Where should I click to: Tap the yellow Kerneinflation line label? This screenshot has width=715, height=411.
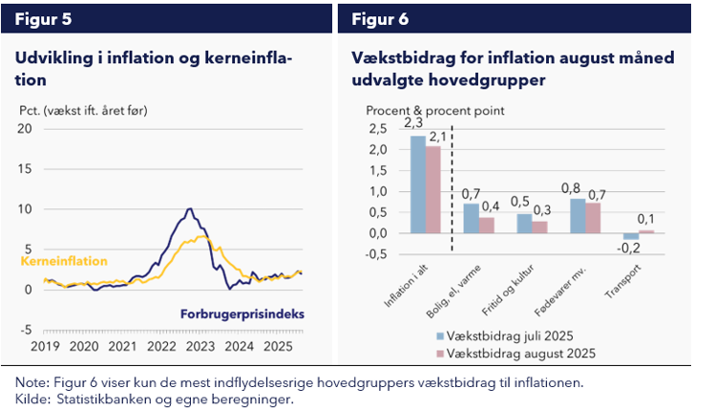[x=64, y=261]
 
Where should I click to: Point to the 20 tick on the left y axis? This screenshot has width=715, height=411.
[x=26, y=128]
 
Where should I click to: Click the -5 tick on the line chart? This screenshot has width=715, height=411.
[x=27, y=329]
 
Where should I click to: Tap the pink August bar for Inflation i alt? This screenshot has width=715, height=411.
[x=434, y=189]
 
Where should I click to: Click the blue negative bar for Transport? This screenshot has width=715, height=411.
[x=631, y=236]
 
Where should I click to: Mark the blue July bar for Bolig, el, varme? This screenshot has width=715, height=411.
[x=472, y=218]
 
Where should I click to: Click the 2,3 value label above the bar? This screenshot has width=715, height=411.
[x=413, y=123]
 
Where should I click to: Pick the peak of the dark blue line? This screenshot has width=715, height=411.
[x=190, y=208]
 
